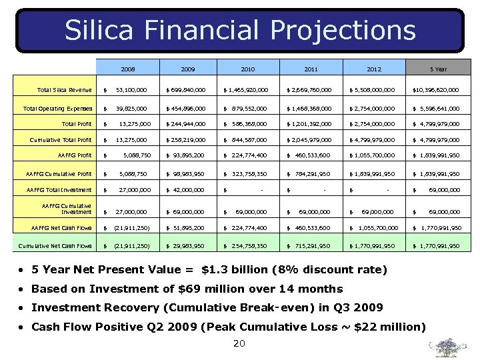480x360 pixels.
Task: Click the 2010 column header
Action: coord(248,68)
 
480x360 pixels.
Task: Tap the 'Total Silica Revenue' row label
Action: coord(65,89)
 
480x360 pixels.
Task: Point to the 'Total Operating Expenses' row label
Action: coord(58,108)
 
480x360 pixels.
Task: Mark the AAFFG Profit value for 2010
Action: coord(248,156)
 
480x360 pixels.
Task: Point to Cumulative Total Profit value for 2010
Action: coord(248,140)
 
